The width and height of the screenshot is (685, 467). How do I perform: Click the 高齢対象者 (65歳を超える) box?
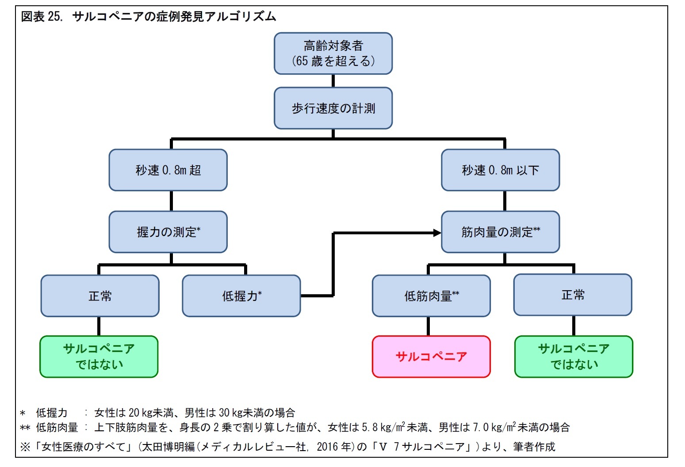click(x=333, y=53)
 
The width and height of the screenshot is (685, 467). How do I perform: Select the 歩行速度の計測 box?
click(x=333, y=108)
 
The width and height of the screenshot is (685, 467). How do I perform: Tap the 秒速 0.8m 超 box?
click(x=168, y=170)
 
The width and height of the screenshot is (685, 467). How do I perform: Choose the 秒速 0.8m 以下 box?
click(x=500, y=170)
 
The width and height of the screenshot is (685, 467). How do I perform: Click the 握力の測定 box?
click(x=168, y=232)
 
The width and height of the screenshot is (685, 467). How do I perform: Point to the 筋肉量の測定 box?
click(x=500, y=232)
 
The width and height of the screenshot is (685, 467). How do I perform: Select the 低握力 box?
click(x=241, y=296)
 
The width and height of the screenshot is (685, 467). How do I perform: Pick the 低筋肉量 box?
click(x=431, y=296)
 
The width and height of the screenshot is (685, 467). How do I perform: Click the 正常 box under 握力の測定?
click(x=100, y=296)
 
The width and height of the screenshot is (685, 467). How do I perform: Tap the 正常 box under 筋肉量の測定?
click(x=573, y=295)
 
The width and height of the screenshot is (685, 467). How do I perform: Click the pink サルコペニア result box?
click(x=431, y=357)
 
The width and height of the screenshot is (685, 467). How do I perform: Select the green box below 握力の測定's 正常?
click(x=99, y=357)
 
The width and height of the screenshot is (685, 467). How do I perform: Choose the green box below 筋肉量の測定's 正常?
click(x=574, y=357)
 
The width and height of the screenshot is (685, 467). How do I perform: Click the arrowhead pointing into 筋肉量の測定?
click(x=437, y=233)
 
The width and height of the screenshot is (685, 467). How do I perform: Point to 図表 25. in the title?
click(x=42, y=17)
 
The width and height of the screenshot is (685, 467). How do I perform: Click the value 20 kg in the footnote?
click(x=140, y=413)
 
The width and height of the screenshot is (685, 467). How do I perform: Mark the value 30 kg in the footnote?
click(x=231, y=413)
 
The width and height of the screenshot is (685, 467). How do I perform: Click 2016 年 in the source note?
click(x=334, y=447)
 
